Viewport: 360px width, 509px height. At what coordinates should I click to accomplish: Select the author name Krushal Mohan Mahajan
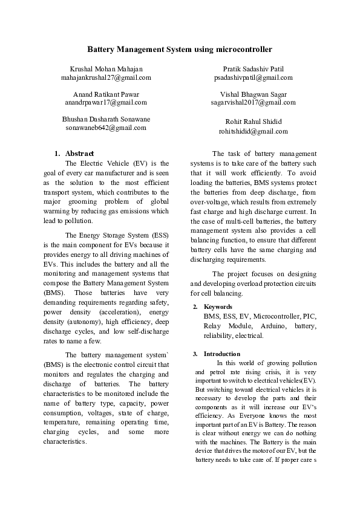click(106, 70)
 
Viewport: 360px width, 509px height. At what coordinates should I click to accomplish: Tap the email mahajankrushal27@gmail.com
click(106, 78)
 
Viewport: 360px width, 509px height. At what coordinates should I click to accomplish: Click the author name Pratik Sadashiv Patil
click(254, 70)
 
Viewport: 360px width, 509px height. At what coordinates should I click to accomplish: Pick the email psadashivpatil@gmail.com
click(254, 78)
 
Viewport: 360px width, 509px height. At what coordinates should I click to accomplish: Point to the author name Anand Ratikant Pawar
click(106, 94)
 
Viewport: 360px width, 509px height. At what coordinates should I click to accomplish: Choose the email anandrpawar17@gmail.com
click(106, 103)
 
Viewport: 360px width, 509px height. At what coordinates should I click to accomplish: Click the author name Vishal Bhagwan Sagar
click(254, 94)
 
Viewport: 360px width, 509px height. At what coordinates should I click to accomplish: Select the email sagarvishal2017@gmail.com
click(254, 103)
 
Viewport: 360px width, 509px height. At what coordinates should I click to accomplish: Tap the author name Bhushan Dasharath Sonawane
click(106, 119)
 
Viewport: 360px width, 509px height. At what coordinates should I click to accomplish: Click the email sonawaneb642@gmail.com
click(106, 128)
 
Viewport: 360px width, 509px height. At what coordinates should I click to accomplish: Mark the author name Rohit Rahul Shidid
click(254, 122)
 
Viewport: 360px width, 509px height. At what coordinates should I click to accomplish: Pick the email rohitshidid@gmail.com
click(254, 131)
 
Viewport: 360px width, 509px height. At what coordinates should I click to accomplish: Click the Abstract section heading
click(79, 154)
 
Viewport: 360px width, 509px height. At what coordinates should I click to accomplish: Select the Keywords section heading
click(218, 307)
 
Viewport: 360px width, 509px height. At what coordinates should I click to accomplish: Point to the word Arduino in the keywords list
click(271, 326)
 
